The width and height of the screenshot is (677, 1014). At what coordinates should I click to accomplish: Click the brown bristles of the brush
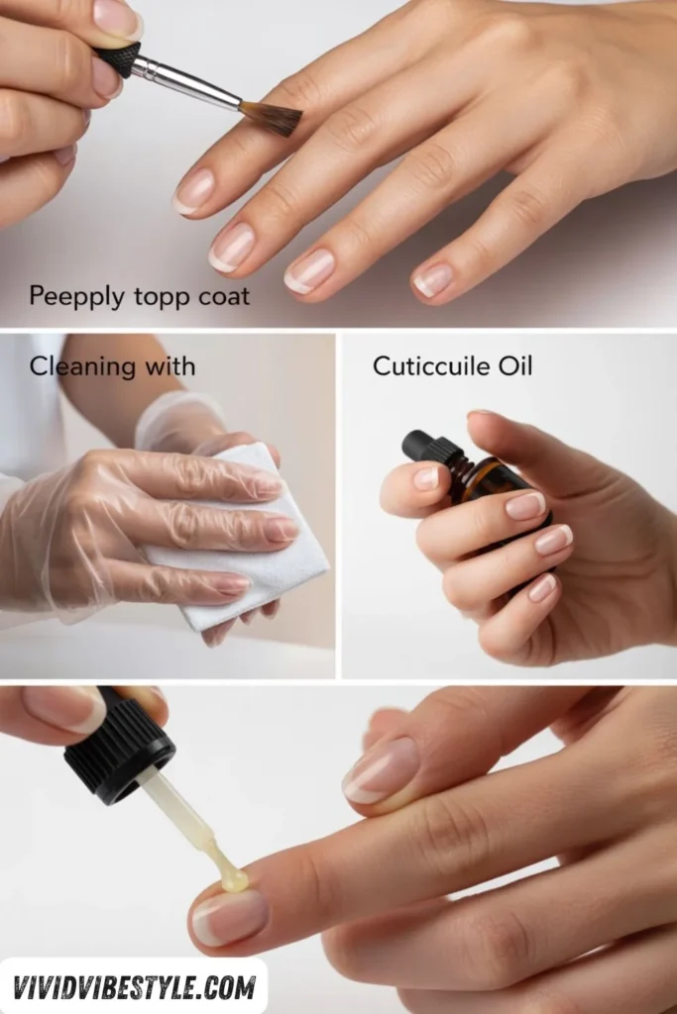click(x=272, y=117)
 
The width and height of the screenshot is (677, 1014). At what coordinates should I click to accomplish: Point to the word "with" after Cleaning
click(x=169, y=366)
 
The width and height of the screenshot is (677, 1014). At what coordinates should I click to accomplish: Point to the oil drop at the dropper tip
click(x=232, y=878)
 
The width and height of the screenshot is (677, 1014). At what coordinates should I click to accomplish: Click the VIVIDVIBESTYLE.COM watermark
click(x=134, y=986)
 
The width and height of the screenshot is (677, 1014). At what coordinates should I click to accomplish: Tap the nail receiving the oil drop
click(x=229, y=916)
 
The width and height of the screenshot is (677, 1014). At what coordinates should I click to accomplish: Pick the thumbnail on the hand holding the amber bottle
click(x=426, y=478)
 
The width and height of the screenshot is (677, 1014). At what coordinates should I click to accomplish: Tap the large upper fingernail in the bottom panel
click(x=381, y=769)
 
